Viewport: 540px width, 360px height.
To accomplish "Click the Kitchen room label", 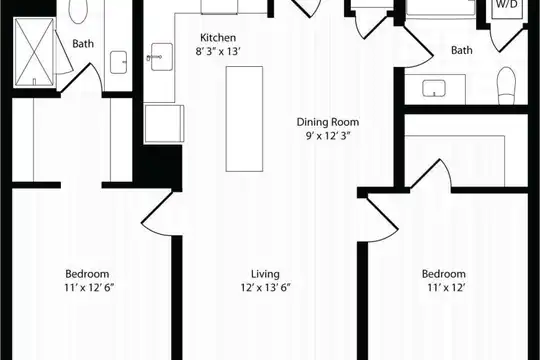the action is click(218, 37).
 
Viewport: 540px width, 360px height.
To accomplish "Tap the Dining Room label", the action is click(328, 122).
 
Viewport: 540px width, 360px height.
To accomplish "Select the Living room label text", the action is click(265, 274).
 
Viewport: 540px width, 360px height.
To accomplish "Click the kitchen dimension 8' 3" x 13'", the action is click(217, 51).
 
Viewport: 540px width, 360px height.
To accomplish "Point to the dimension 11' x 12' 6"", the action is click(89, 287).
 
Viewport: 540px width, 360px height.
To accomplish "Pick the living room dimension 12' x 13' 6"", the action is click(266, 287).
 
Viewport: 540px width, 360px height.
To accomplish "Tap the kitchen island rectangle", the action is click(244, 119).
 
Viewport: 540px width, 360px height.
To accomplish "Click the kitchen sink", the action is click(161, 57).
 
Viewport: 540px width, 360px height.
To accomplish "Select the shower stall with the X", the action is click(34, 52).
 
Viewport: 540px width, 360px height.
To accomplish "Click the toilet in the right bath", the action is click(506, 85).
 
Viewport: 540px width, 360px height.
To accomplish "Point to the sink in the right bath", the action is click(434, 88).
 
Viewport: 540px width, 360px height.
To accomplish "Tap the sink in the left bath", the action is click(118, 62).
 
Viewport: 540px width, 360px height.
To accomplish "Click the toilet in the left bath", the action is click(78, 11).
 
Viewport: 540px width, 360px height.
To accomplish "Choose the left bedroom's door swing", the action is click(157, 213).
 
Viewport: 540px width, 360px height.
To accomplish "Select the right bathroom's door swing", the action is click(417, 47).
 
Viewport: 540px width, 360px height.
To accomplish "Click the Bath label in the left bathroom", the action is click(83, 44).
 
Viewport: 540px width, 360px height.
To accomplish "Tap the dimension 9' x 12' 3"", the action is click(328, 136).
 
